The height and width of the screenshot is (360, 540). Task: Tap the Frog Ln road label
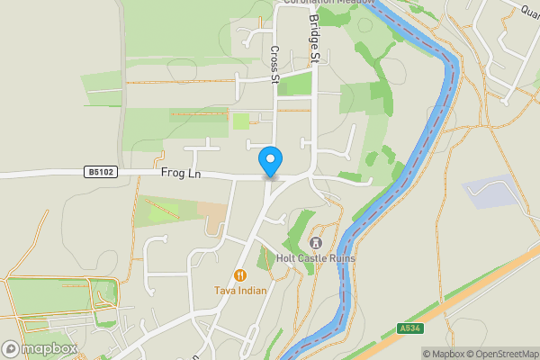[180, 172]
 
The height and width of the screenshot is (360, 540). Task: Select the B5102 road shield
[102, 171]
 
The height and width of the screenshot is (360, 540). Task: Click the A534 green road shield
[409, 329]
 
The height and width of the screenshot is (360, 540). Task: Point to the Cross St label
[275, 66]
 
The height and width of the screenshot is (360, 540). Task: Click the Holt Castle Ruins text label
[316, 259]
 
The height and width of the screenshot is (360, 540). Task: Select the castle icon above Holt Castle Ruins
[316, 243]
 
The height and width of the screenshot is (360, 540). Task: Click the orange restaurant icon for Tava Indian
[240, 275]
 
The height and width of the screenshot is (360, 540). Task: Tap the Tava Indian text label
[240, 291]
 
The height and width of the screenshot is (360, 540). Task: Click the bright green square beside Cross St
[240, 121]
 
